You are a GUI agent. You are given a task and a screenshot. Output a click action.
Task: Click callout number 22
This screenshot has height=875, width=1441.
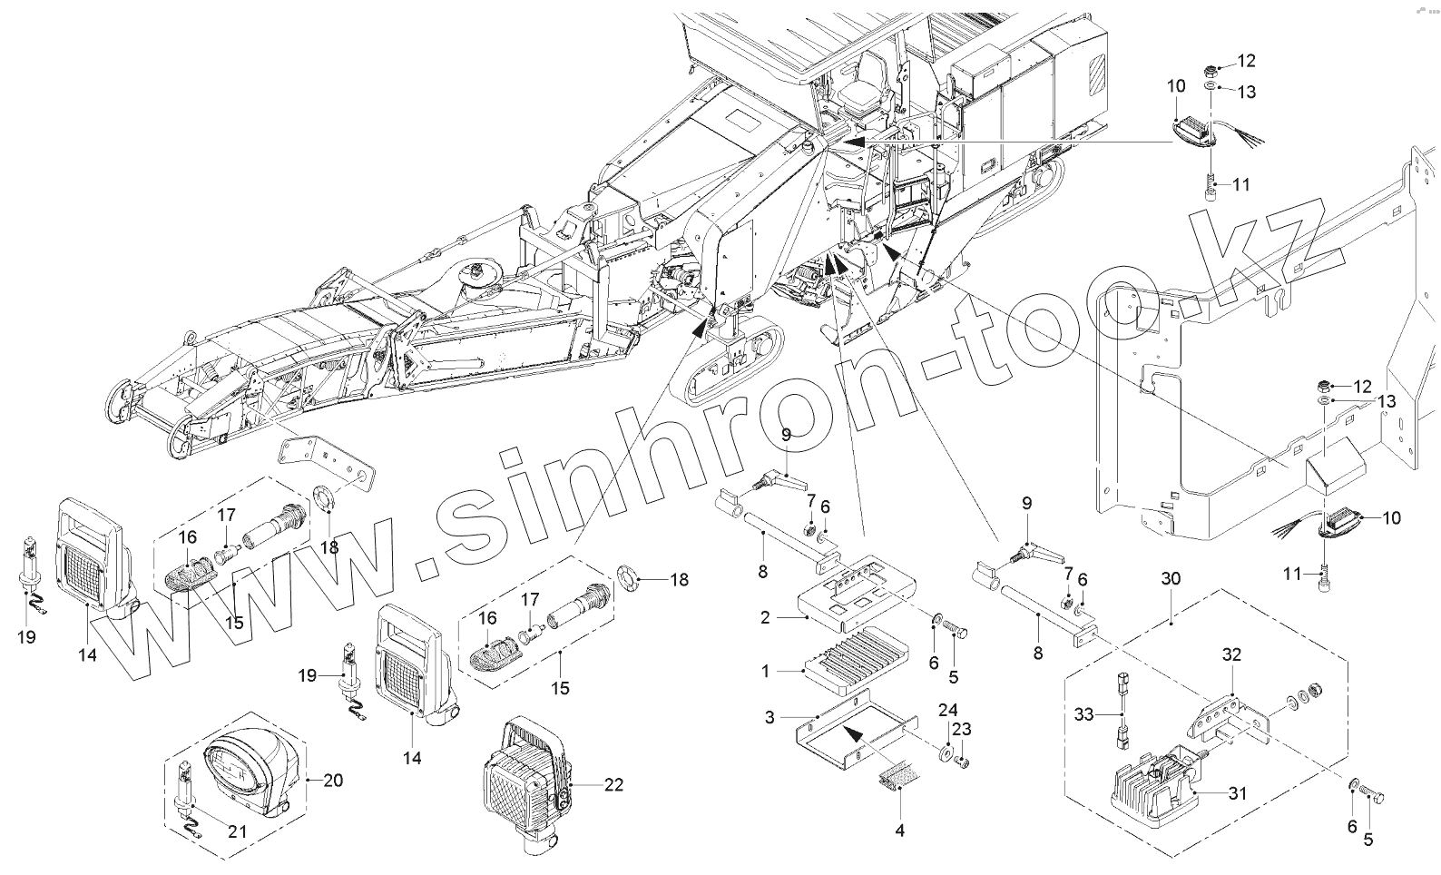tap(614, 785)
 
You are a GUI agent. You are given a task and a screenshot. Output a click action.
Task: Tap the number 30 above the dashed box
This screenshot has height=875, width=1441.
tap(1171, 578)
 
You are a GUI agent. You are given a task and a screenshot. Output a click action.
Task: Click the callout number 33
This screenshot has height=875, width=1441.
tap(1083, 716)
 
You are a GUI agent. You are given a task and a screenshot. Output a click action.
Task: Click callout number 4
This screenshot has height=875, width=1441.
tap(899, 830)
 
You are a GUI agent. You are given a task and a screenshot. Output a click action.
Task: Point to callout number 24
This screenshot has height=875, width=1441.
tap(947, 710)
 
